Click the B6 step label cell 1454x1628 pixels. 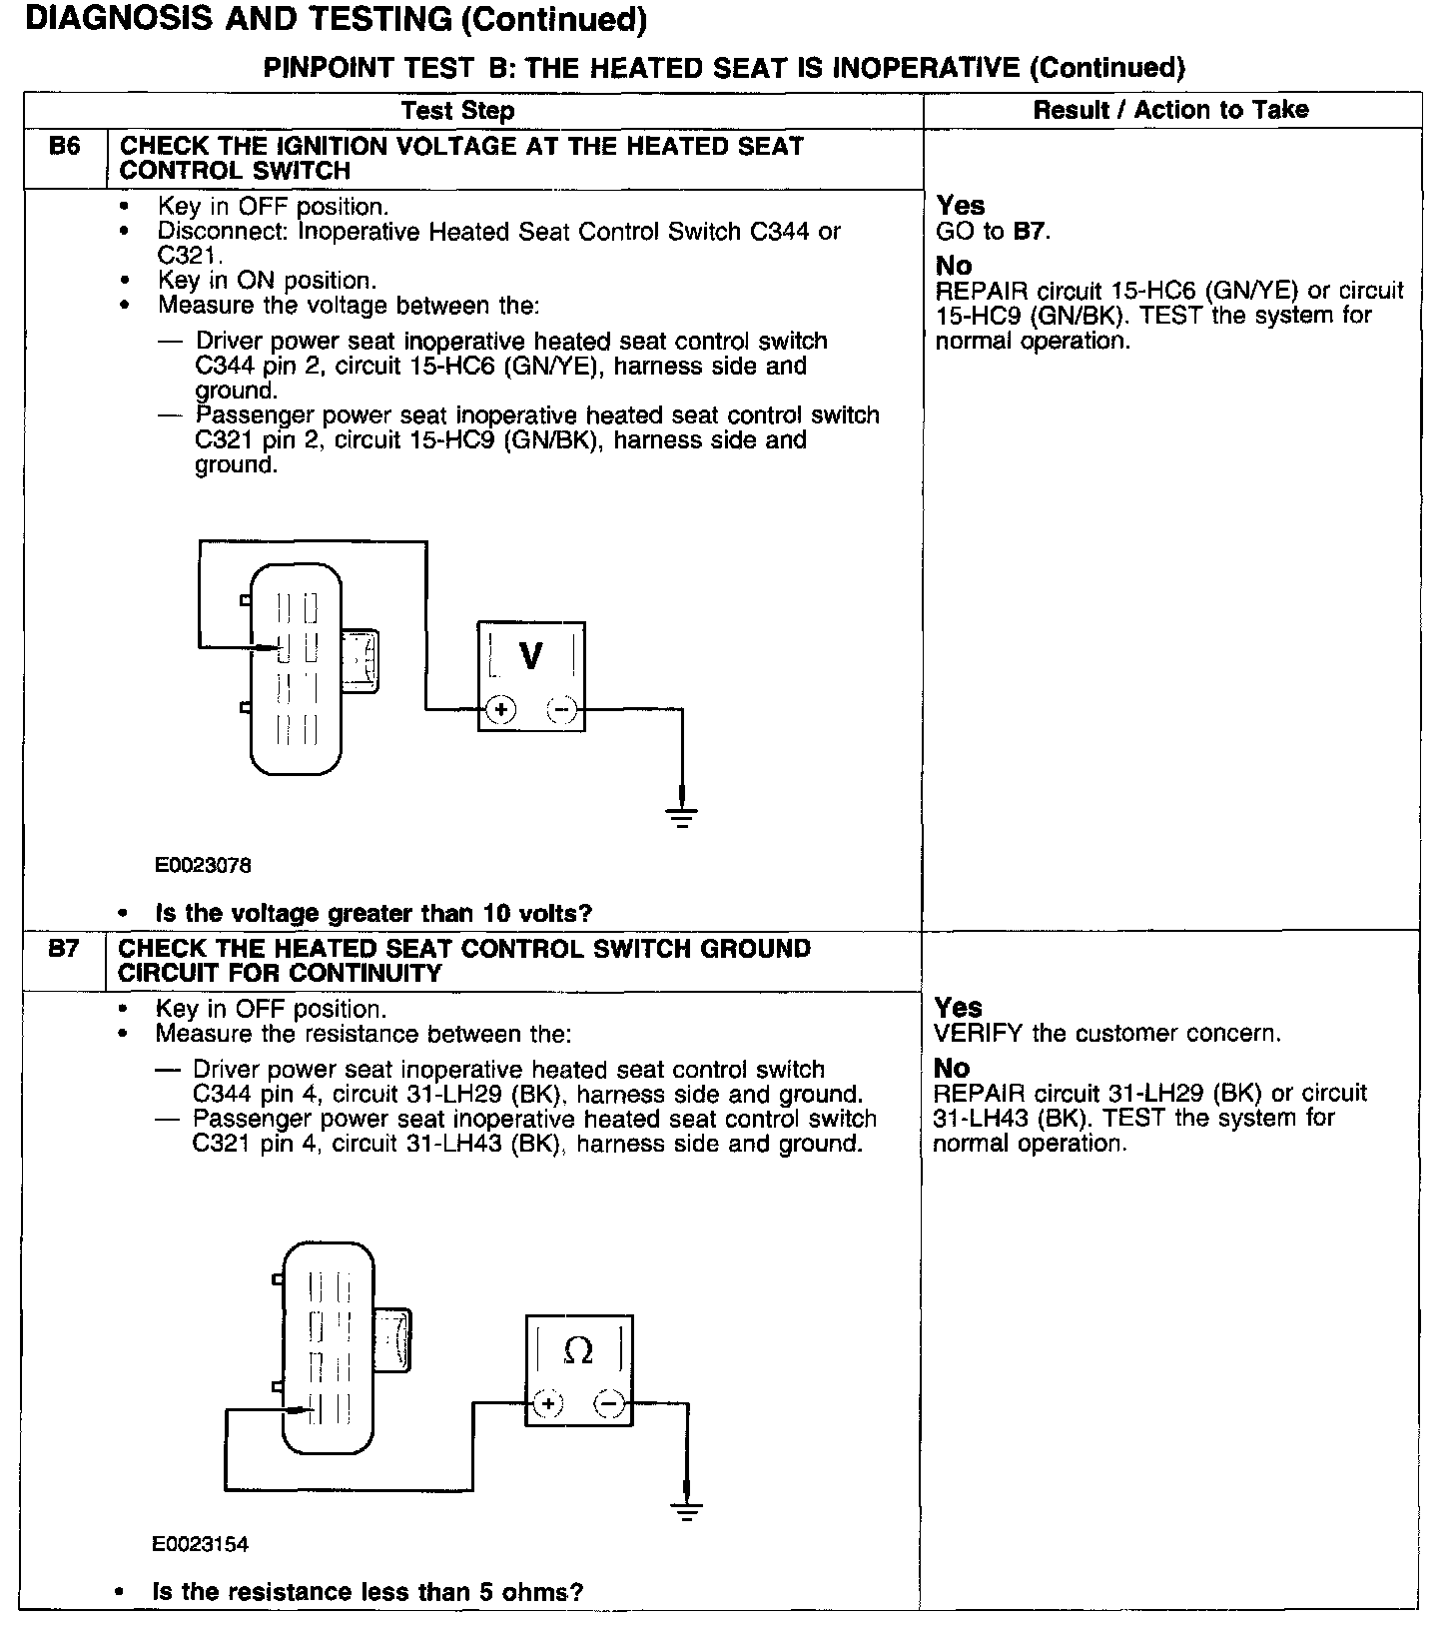(64, 148)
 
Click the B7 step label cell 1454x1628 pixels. (63, 950)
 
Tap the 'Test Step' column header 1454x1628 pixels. (458, 110)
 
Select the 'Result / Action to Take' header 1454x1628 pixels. (1170, 110)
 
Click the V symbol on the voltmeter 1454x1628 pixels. (531, 656)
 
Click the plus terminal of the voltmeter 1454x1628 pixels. (500, 710)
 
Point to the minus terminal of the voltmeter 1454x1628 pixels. (562, 710)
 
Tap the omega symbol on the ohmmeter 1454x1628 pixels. (578, 1351)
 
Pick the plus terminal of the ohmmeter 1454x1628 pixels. (547, 1405)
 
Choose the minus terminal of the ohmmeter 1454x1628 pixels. (609, 1405)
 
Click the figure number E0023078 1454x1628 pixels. (203, 865)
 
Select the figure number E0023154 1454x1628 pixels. (200, 1545)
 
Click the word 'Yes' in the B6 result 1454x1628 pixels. (961, 206)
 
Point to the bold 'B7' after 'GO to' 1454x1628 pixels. (1030, 232)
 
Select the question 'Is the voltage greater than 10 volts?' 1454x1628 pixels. (374, 913)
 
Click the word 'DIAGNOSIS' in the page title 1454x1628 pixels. (111, 19)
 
